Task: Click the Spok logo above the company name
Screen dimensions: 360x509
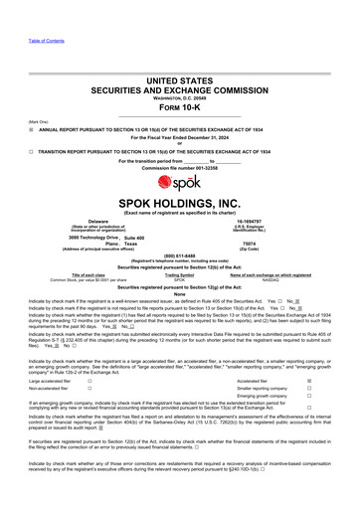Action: click(179, 186)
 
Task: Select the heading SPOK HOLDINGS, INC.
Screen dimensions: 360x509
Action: click(179, 202)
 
